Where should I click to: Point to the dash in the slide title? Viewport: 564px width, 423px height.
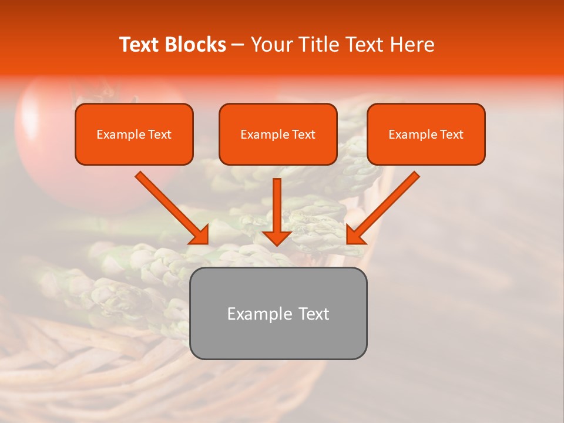coord(238,45)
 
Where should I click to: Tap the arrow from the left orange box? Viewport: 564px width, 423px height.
coord(170,207)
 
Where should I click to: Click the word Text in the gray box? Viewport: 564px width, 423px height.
coord(313,314)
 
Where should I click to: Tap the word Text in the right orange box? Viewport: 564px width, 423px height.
coord(452,135)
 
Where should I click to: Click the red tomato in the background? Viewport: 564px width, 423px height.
coord(47,135)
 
